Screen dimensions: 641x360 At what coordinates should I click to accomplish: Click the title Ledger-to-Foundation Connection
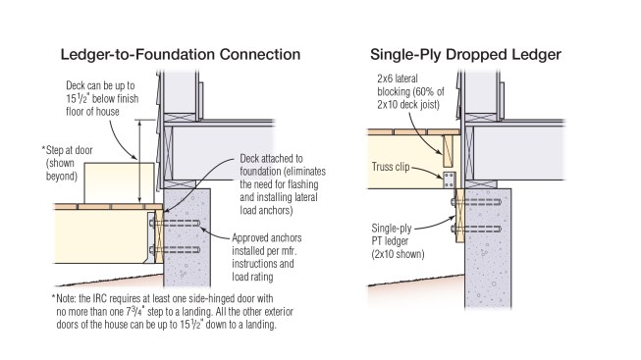[x=181, y=54]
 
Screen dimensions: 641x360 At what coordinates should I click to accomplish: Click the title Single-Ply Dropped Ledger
[x=465, y=54]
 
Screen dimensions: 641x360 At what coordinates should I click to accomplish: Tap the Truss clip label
[x=391, y=167]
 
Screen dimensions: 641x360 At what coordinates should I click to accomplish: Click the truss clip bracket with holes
[x=450, y=180]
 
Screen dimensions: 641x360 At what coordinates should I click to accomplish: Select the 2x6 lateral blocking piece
[x=448, y=151]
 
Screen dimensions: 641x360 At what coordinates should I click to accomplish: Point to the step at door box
[x=119, y=182]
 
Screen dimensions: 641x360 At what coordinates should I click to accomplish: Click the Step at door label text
[x=67, y=163]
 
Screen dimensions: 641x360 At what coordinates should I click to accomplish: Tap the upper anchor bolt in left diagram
[x=175, y=224]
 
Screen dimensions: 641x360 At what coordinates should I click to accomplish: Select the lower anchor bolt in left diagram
[x=175, y=249]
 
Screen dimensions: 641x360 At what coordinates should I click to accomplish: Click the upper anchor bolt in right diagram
[x=476, y=202]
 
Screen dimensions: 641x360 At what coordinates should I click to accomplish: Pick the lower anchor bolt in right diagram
[x=476, y=229]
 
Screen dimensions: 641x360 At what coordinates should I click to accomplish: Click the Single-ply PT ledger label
[x=398, y=241]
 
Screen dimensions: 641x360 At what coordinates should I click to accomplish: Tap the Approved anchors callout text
[x=267, y=257]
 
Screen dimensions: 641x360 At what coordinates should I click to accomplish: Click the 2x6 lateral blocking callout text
[x=410, y=91]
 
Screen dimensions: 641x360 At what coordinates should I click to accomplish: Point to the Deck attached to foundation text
[x=283, y=184]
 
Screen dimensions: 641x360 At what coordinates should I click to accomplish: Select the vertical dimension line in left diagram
[x=140, y=162]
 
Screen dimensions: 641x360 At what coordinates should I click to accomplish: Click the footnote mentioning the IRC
[x=173, y=311]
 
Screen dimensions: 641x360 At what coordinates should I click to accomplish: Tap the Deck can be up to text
[x=102, y=98]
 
